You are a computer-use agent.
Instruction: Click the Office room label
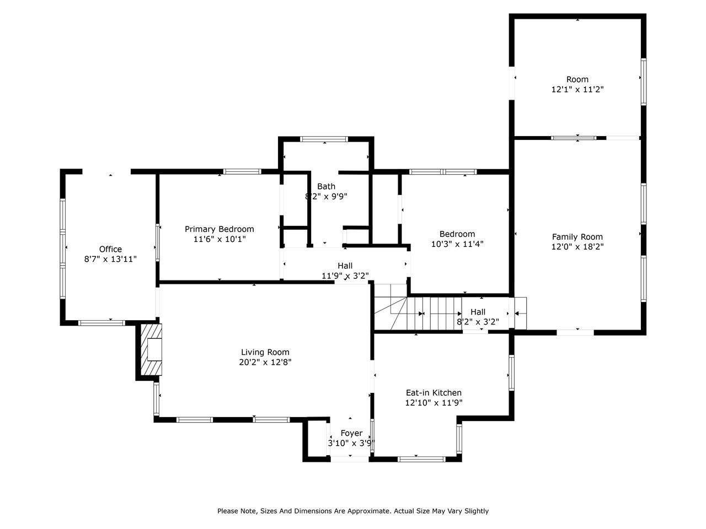click(x=110, y=249)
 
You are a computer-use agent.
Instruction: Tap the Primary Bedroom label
click(x=220, y=229)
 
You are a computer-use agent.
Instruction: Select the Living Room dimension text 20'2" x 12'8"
click(x=265, y=362)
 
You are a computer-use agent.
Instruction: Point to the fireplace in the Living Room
click(x=151, y=349)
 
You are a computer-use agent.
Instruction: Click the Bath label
click(x=326, y=186)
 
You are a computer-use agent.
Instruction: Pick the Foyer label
click(x=351, y=433)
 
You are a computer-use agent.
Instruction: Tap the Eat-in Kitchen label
click(x=434, y=392)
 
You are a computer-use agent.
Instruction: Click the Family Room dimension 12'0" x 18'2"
click(x=577, y=247)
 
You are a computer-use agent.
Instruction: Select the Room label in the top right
click(x=577, y=79)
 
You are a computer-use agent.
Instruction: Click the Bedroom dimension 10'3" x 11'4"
click(x=457, y=244)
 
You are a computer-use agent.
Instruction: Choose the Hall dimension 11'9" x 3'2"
click(x=345, y=276)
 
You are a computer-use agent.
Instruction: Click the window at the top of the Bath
click(x=324, y=139)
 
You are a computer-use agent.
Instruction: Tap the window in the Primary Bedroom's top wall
click(x=242, y=171)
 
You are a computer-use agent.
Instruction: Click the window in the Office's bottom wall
click(x=101, y=323)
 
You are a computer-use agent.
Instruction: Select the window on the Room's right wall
click(x=643, y=82)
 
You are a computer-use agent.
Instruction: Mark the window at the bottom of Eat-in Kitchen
click(x=421, y=460)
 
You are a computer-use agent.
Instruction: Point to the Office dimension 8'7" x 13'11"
click(x=110, y=259)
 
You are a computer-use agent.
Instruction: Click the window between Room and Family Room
click(x=574, y=138)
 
